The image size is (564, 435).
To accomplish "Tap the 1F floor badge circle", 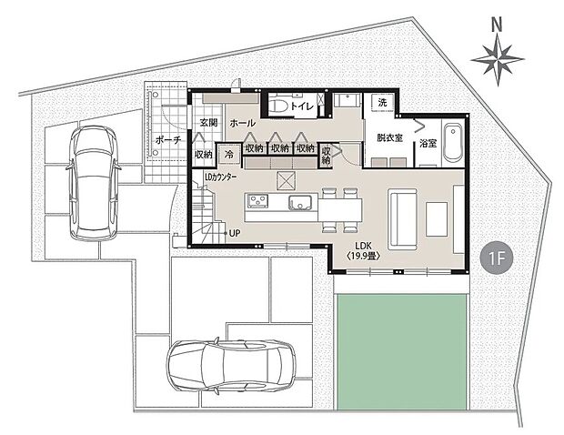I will [497, 258].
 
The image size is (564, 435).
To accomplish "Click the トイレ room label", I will [302, 106].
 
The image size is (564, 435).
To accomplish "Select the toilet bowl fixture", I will [280, 106].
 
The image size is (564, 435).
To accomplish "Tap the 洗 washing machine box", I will [382, 102].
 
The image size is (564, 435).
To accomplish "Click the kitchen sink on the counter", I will [298, 202].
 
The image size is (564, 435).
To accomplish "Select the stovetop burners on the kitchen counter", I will [257, 202].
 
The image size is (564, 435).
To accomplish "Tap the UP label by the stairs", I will [234, 233].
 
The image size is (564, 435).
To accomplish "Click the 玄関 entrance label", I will [208, 122].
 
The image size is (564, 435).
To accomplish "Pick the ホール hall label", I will [242, 122].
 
